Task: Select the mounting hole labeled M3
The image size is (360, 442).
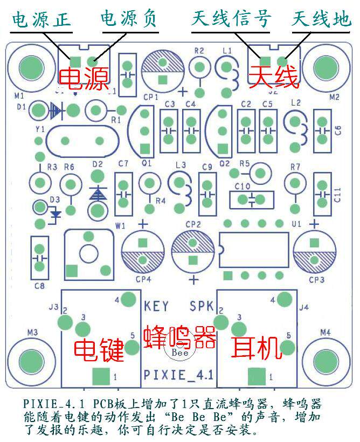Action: [33, 359]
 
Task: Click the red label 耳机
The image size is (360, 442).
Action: [257, 348]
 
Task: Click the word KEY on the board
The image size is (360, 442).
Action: [156, 306]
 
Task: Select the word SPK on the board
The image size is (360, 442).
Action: [202, 306]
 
